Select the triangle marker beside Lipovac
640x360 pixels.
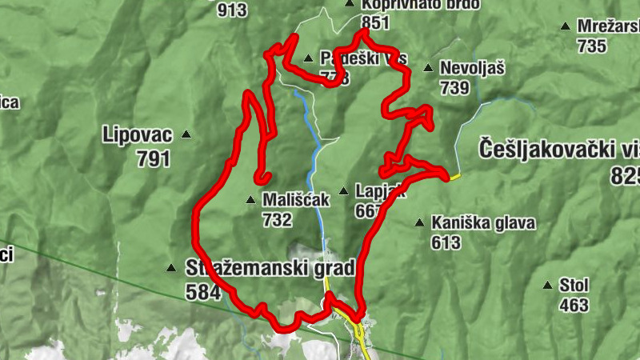[x=186, y=134]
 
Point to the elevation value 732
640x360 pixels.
[x=276, y=220]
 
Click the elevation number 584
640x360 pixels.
[x=202, y=292]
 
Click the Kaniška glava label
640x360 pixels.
[x=482, y=223]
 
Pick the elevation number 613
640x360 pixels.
[x=446, y=242]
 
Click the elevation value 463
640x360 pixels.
[x=574, y=305]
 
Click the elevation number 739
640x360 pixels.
[x=454, y=89]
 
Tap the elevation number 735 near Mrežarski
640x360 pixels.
[x=591, y=46]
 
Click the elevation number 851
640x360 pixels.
[x=375, y=22]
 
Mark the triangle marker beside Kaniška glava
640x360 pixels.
[x=419, y=223]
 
